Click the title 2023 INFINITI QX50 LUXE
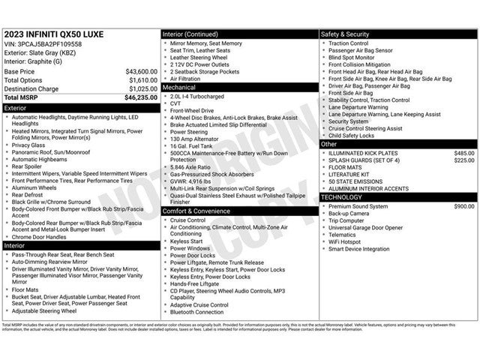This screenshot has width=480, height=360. click(54, 34)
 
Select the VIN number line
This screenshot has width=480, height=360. click(44, 44)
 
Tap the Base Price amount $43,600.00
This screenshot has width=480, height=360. click(141, 71)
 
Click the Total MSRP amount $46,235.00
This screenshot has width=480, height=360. click(141, 97)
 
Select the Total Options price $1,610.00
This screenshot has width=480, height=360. click(142, 79)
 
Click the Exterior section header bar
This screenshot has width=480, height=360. click(81, 108)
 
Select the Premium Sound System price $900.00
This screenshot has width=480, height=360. click(463, 205)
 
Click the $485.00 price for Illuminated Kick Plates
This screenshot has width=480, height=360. click(463, 153)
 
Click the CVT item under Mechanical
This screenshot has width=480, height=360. click(175, 103)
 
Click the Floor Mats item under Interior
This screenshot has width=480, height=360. click(25, 289)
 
